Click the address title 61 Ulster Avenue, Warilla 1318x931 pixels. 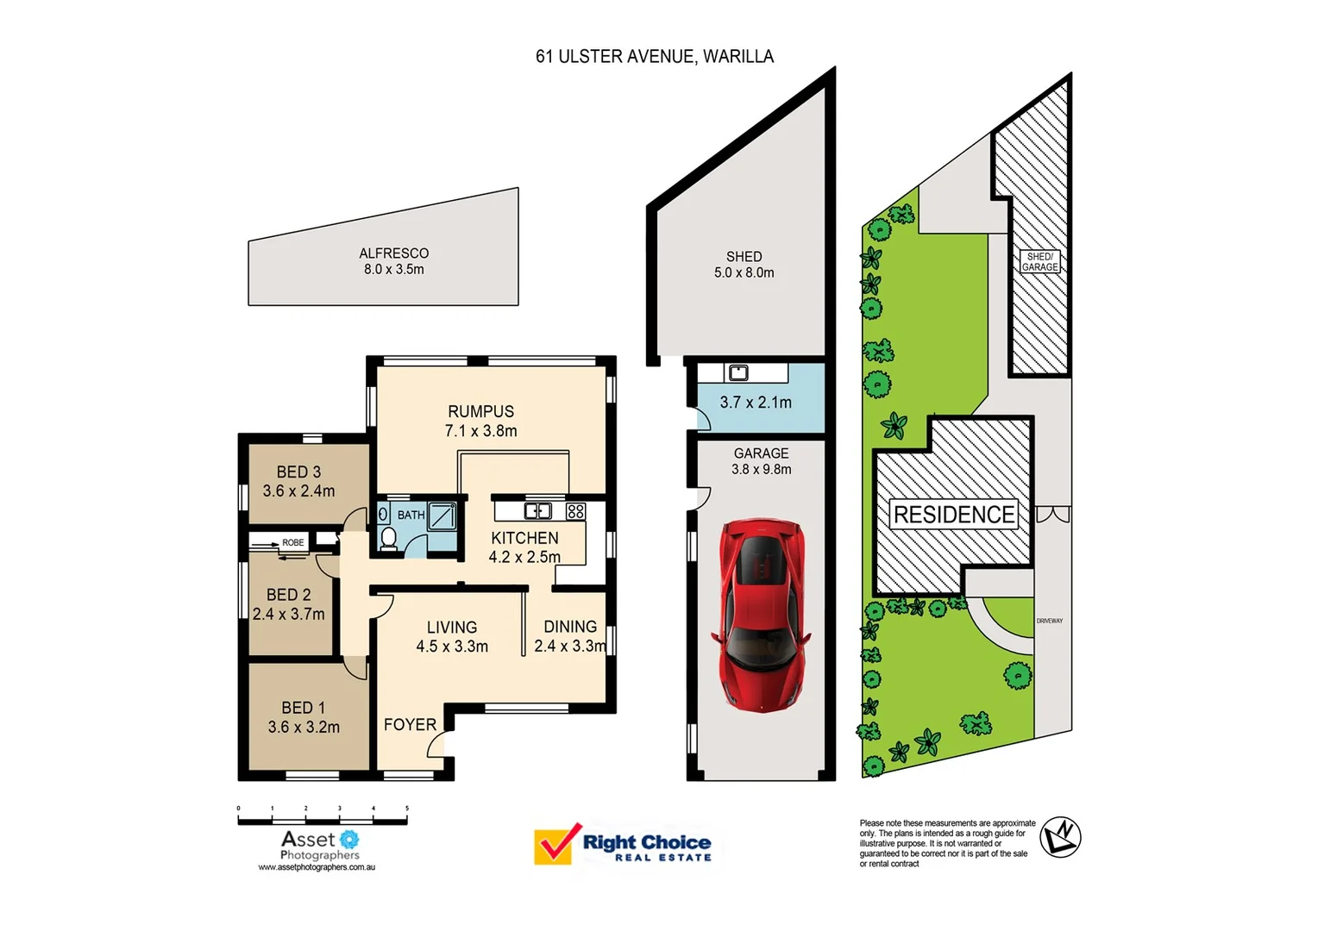(x=654, y=57)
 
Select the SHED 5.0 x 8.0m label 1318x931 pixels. (x=744, y=264)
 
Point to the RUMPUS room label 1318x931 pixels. (x=480, y=421)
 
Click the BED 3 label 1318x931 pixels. (x=298, y=481)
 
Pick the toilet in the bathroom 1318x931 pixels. (x=388, y=538)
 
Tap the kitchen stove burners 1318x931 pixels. (x=575, y=511)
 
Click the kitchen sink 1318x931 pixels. (x=537, y=511)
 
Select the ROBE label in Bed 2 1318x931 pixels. (x=292, y=542)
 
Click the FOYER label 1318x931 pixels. (x=410, y=725)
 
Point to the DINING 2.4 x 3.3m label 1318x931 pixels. (x=570, y=636)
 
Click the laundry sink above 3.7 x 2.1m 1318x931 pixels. (x=738, y=373)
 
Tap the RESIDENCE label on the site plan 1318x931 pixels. (x=953, y=515)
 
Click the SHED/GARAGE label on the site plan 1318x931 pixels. (x=1039, y=262)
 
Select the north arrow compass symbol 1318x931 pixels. (x=1060, y=835)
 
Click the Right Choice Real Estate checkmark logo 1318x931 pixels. (x=556, y=844)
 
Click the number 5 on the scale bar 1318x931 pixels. (x=407, y=809)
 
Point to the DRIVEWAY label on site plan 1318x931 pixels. (x=1049, y=621)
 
